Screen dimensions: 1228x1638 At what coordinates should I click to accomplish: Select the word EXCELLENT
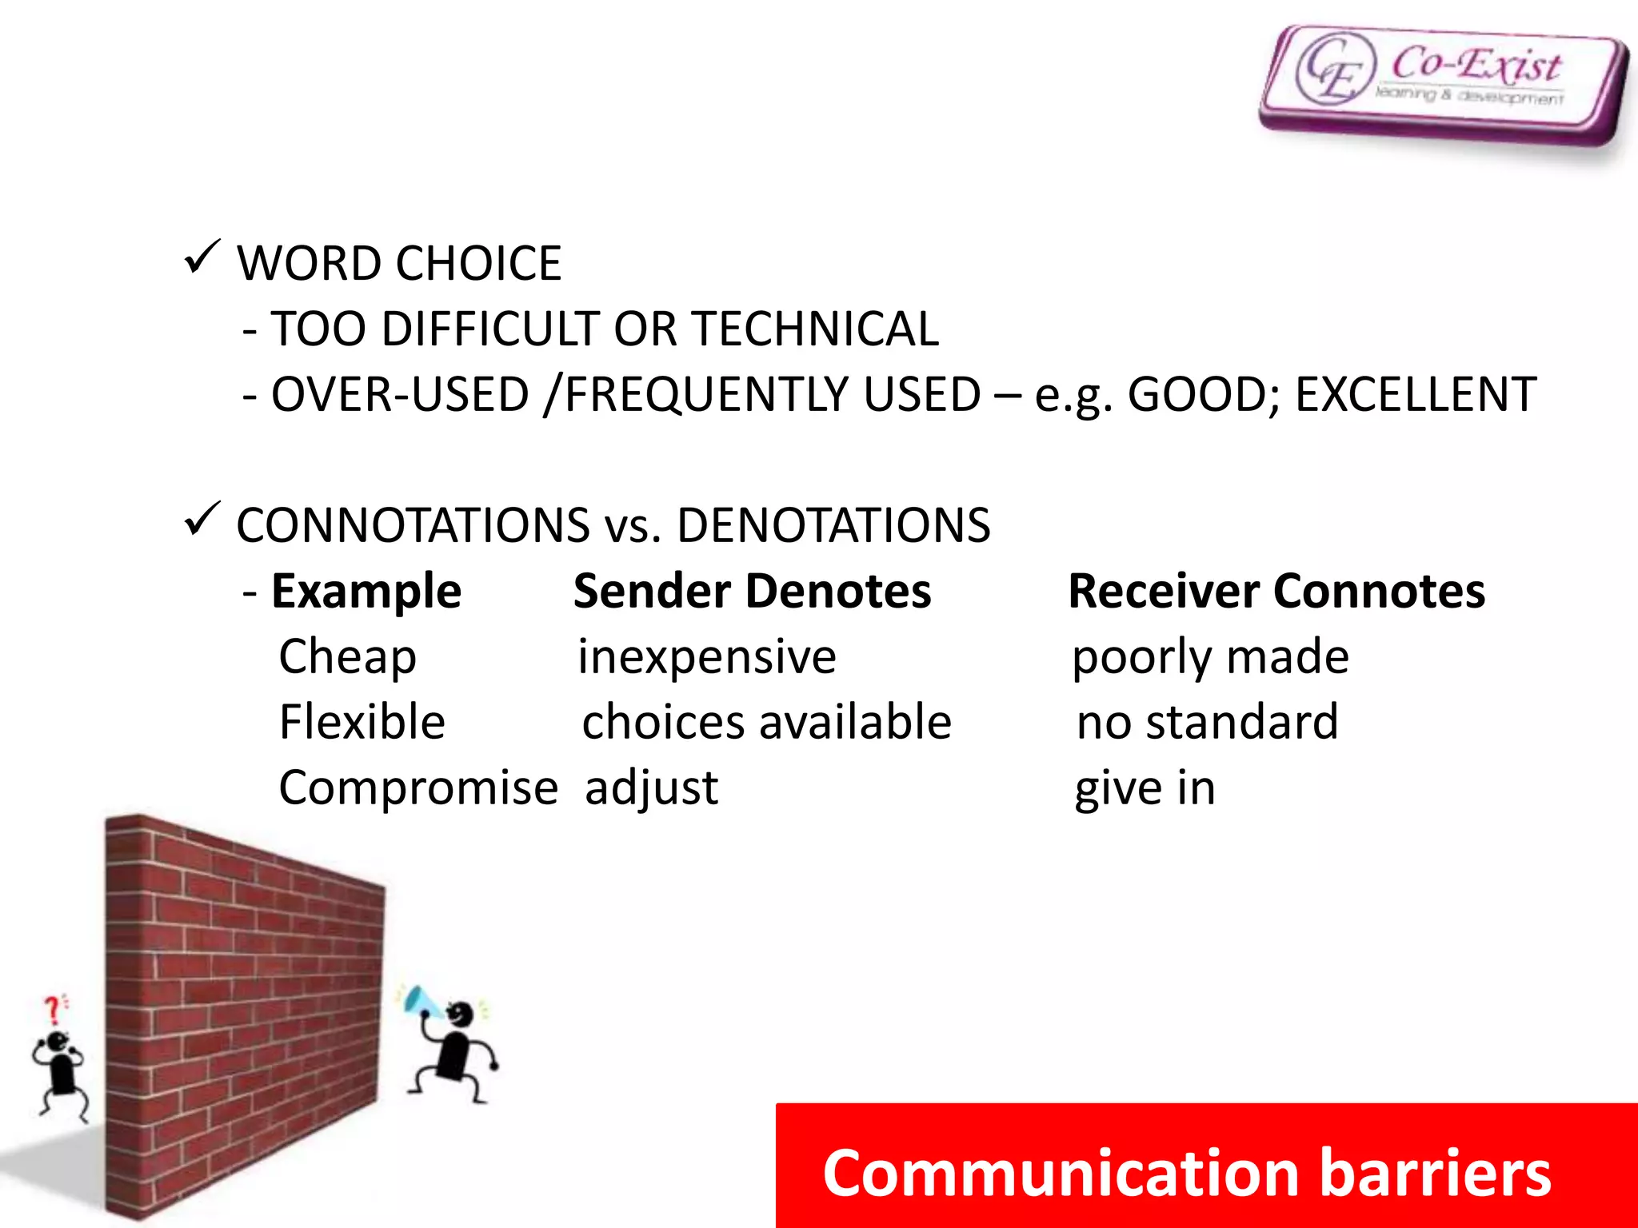pos(1415,395)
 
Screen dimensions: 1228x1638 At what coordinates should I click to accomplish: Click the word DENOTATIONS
pos(833,526)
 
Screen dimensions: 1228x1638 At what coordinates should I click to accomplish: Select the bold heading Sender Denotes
pos(752,592)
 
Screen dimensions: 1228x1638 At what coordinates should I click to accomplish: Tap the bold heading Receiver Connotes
pos(1276,592)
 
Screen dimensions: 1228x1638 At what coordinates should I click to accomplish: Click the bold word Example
pos(366,592)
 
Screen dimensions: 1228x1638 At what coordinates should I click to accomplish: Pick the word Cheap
pos(347,658)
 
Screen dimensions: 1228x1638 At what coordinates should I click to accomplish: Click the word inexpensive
pos(707,657)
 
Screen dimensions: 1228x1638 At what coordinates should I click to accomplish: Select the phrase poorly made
pos(1210,657)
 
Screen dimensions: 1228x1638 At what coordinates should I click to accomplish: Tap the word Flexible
pos(362,722)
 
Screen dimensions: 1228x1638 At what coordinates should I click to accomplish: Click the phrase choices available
pos(766,722)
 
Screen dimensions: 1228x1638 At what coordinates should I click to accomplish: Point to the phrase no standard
pos(1207,722)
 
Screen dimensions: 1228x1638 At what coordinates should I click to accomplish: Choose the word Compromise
pos(417,788)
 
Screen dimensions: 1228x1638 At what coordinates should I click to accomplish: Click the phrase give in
pos(1145,788)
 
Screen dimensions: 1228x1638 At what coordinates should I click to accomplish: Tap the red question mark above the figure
pos(53,1010)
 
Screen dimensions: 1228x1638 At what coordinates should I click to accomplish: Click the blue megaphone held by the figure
pos(418,1000)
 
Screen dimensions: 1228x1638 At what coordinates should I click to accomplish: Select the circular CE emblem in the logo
pos(1333,69)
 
